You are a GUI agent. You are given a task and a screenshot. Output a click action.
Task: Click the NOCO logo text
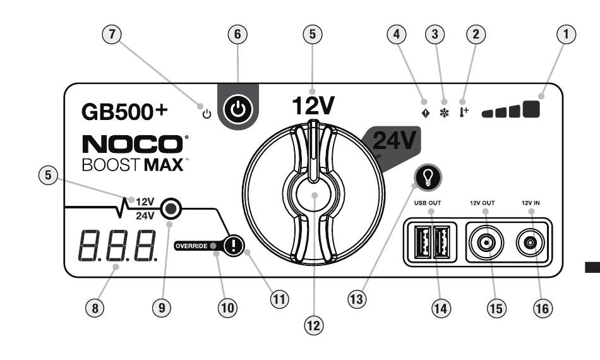133,143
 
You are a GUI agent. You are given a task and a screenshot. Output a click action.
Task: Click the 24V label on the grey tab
393,141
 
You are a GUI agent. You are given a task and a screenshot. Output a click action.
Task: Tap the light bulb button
428,179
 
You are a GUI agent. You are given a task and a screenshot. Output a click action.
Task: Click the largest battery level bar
532,108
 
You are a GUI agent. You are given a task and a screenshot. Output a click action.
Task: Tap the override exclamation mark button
234,245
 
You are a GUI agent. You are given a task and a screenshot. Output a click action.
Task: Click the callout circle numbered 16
541,308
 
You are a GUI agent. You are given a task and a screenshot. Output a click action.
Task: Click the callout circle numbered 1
570,36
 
